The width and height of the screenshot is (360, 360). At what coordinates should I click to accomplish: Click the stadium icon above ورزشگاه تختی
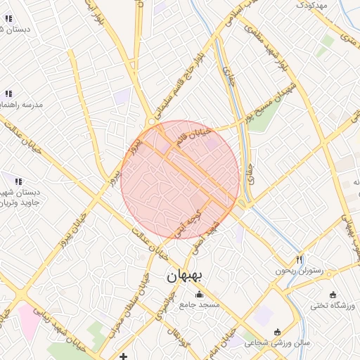pyautogui.click(x=333, y=295)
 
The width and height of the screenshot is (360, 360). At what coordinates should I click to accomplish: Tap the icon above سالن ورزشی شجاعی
pyautogui.click(x=276, y=331)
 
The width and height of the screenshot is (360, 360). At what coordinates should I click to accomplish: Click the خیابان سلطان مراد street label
pyautogui.click(x=145, y=299)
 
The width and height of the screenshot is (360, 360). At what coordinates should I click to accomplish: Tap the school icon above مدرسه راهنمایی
pyautogui.click(x=8, y=94)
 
